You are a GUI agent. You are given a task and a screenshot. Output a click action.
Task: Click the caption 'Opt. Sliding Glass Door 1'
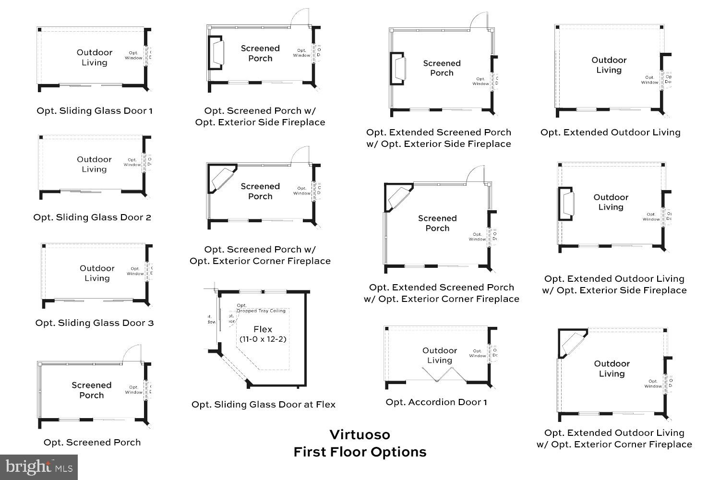point(95,111)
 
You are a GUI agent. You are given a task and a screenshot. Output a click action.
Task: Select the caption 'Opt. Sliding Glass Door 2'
point(92,217)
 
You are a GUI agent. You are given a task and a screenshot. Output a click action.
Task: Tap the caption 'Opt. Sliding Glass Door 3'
point(95,323)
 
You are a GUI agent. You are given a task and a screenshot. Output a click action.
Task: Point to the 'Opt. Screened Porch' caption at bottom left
point(92,443)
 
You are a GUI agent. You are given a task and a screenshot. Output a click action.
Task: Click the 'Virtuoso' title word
point(360,435)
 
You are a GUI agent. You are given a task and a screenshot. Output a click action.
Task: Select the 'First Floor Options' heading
point(360,452)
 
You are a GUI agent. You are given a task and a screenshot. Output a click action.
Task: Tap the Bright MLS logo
point(39,467)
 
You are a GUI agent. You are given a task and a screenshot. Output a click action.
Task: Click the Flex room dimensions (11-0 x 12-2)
point(263,339)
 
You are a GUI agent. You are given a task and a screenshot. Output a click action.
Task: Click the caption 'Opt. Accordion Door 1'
point(436,402)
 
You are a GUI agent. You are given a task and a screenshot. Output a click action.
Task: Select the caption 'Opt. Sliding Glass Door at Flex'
point(264,405)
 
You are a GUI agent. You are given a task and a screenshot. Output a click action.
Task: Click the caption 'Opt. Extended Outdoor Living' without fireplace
point(611,132)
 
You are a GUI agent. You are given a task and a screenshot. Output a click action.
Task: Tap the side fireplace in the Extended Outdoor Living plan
point(566,204)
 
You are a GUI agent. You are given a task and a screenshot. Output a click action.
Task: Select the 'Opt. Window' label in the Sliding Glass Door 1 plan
point(133,55)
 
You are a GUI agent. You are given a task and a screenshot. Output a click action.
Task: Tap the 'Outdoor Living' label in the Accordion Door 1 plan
point(440,356)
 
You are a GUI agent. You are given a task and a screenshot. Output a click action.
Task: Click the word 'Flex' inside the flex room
point(263,330)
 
